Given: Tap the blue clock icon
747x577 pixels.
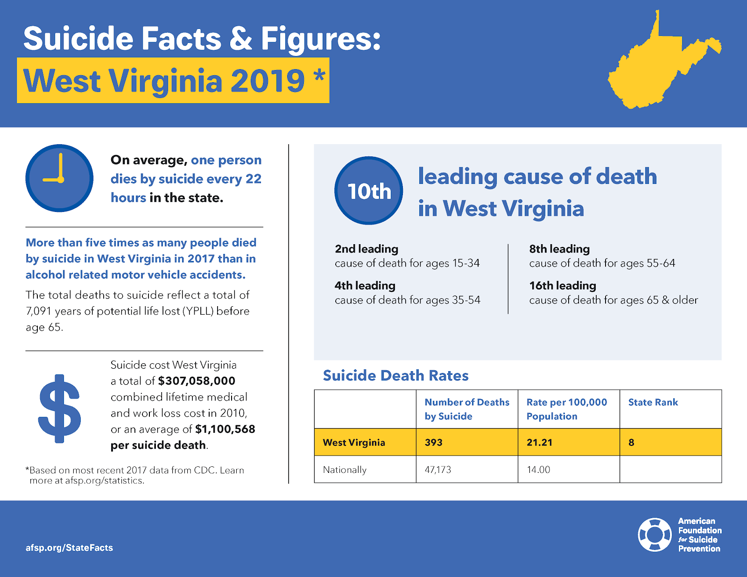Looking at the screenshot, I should (x=59, y=178).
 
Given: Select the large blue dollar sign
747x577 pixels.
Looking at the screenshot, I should (x=59, y=408).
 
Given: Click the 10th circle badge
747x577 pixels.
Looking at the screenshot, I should (x=369, y=191).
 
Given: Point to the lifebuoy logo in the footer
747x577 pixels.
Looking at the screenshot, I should (x=655, y=535).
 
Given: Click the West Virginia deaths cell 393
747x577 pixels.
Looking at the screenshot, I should (x=433, y=443).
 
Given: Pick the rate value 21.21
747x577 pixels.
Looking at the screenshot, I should (x=539, y=443).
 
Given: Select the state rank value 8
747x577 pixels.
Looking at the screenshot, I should (x=631, y=443).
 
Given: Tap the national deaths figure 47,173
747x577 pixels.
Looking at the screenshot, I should (x=438, y=470).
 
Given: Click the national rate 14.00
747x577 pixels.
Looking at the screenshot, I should (x=538, y=470).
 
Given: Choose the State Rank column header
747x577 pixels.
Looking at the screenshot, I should (x=653, y=402).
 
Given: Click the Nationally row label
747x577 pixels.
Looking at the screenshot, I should (x=345, y=470).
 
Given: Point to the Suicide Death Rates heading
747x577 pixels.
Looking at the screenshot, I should (x=395, y=376).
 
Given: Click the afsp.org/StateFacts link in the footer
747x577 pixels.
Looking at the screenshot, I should (x=69, y=548).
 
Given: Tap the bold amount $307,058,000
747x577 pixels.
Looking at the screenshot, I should (x=197, y=381).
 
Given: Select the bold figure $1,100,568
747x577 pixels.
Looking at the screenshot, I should (x=225, y=429).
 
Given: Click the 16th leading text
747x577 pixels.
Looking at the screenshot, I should (x=563, y=286).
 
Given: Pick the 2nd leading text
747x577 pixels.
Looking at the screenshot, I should (x=366, y=249).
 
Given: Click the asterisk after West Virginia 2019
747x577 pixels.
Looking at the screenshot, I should (x=319, y=75).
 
